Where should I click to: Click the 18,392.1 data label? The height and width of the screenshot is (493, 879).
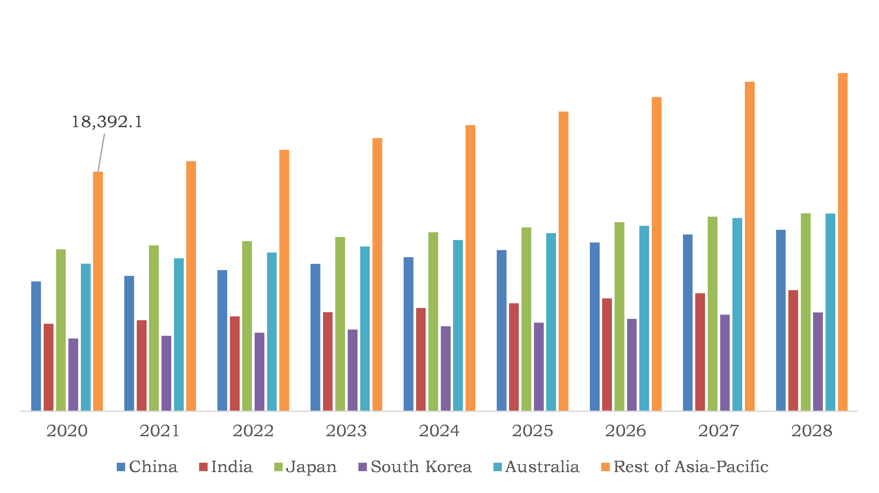point(107,122)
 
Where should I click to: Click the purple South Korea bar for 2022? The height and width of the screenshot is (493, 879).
point(259,372)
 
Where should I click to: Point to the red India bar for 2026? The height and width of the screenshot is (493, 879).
point(607,354)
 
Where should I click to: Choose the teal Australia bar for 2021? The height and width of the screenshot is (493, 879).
point(179,334)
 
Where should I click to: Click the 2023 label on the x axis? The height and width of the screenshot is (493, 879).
point(346,431)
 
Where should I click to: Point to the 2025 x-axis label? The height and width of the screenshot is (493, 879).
point(532,431)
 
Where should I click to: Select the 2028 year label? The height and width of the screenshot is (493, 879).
point(812,431)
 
